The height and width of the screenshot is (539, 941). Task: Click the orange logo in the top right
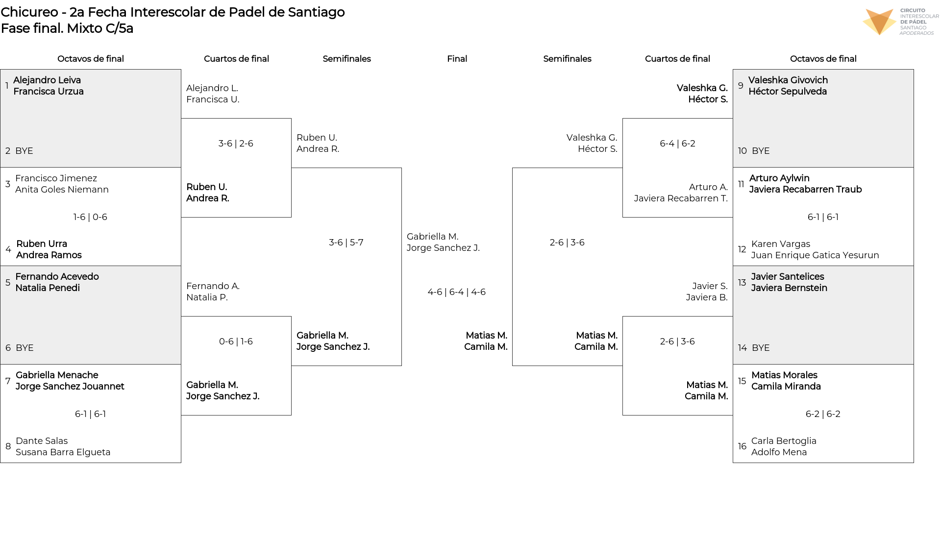[x=879, y=22]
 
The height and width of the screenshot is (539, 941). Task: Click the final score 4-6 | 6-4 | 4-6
[x=457, y=292]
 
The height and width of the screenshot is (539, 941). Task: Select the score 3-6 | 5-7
[x=346, y=243]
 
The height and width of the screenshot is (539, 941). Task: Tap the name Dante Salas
[x=42, y=441]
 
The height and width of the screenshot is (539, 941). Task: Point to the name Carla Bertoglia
[x=784, y=441]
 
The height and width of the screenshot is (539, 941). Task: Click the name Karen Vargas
[x=781, y=244]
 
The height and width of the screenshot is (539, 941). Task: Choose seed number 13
[x=742, y=283]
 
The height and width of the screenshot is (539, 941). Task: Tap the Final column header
[x=457, y=59]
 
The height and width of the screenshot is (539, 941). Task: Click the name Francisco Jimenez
[x=56, y=178]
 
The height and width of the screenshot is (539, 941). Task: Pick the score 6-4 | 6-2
[x=677, y=144]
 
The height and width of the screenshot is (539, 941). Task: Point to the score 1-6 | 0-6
[x=90, y=217]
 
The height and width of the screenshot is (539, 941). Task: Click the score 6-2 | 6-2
[x=823, y=414]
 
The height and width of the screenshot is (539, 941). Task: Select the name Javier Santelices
[x=788, y=277]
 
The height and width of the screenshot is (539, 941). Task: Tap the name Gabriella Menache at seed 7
[x=57, y=375]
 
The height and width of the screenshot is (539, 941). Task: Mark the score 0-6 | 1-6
[x=236, y=342]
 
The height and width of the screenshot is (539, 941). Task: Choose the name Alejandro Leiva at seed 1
[x=47, y=80]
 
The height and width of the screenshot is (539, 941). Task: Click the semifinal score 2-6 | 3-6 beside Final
[x=567, y=243]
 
